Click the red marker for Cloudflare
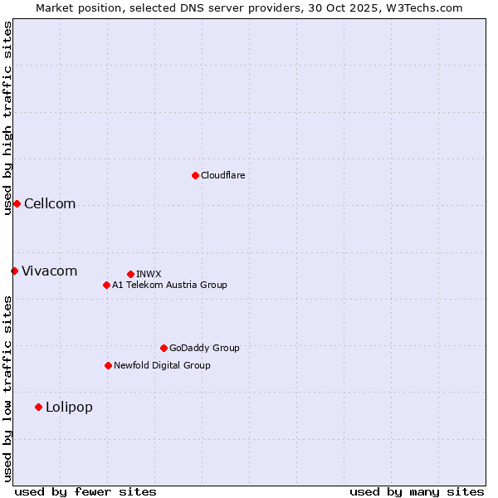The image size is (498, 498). coord(195,175)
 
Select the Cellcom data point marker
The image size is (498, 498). coord(17,203)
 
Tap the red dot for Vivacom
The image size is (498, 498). coord(14,271)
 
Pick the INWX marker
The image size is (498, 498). coord(130,274)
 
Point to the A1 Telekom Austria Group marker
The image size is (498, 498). coord(106,285)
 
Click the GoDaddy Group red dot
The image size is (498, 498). coord(164,348)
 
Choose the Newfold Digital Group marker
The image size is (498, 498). coord(108,365)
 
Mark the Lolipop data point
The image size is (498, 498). coord(38,407)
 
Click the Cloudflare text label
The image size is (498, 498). coord(222,175)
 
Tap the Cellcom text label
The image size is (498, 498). coord(50,204)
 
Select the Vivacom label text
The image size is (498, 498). coord(49,271)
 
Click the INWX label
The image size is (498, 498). coord(149,274)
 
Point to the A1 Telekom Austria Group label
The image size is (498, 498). coord(169,285)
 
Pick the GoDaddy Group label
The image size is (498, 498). coord(204,348)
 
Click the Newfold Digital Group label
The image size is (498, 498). coord(162,365)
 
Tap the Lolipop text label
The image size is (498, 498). coord(69,408)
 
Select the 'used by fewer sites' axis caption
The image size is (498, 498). coord(85,491)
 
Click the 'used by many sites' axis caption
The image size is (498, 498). coord(417,491)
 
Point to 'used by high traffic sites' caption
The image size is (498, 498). coord(7,118)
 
